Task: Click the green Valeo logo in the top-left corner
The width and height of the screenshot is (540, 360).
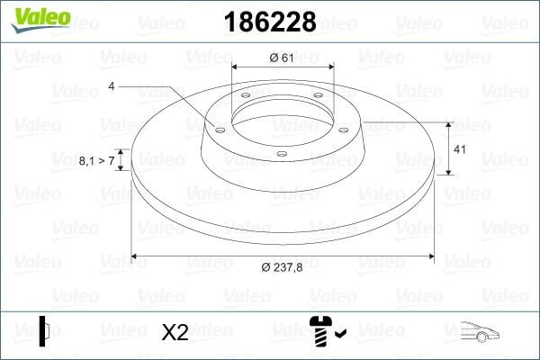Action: click(x=34, y=19)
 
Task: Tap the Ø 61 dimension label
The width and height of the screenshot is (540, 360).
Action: click(x=282, y=58)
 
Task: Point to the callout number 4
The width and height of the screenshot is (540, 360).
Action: click(x=111, y=86)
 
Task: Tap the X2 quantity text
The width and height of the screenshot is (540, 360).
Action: click(x=175, y=332)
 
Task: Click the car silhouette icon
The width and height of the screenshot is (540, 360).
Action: click(x=478, y=331)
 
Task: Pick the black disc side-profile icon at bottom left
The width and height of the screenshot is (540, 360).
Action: click(x=42, y=329)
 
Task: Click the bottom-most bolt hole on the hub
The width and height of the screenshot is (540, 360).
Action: click(x=281, y=154)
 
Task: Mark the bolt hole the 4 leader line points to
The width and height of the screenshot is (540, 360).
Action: click(x=218, y=128)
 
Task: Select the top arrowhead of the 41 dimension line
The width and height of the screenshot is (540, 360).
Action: click(x=448, y=124)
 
